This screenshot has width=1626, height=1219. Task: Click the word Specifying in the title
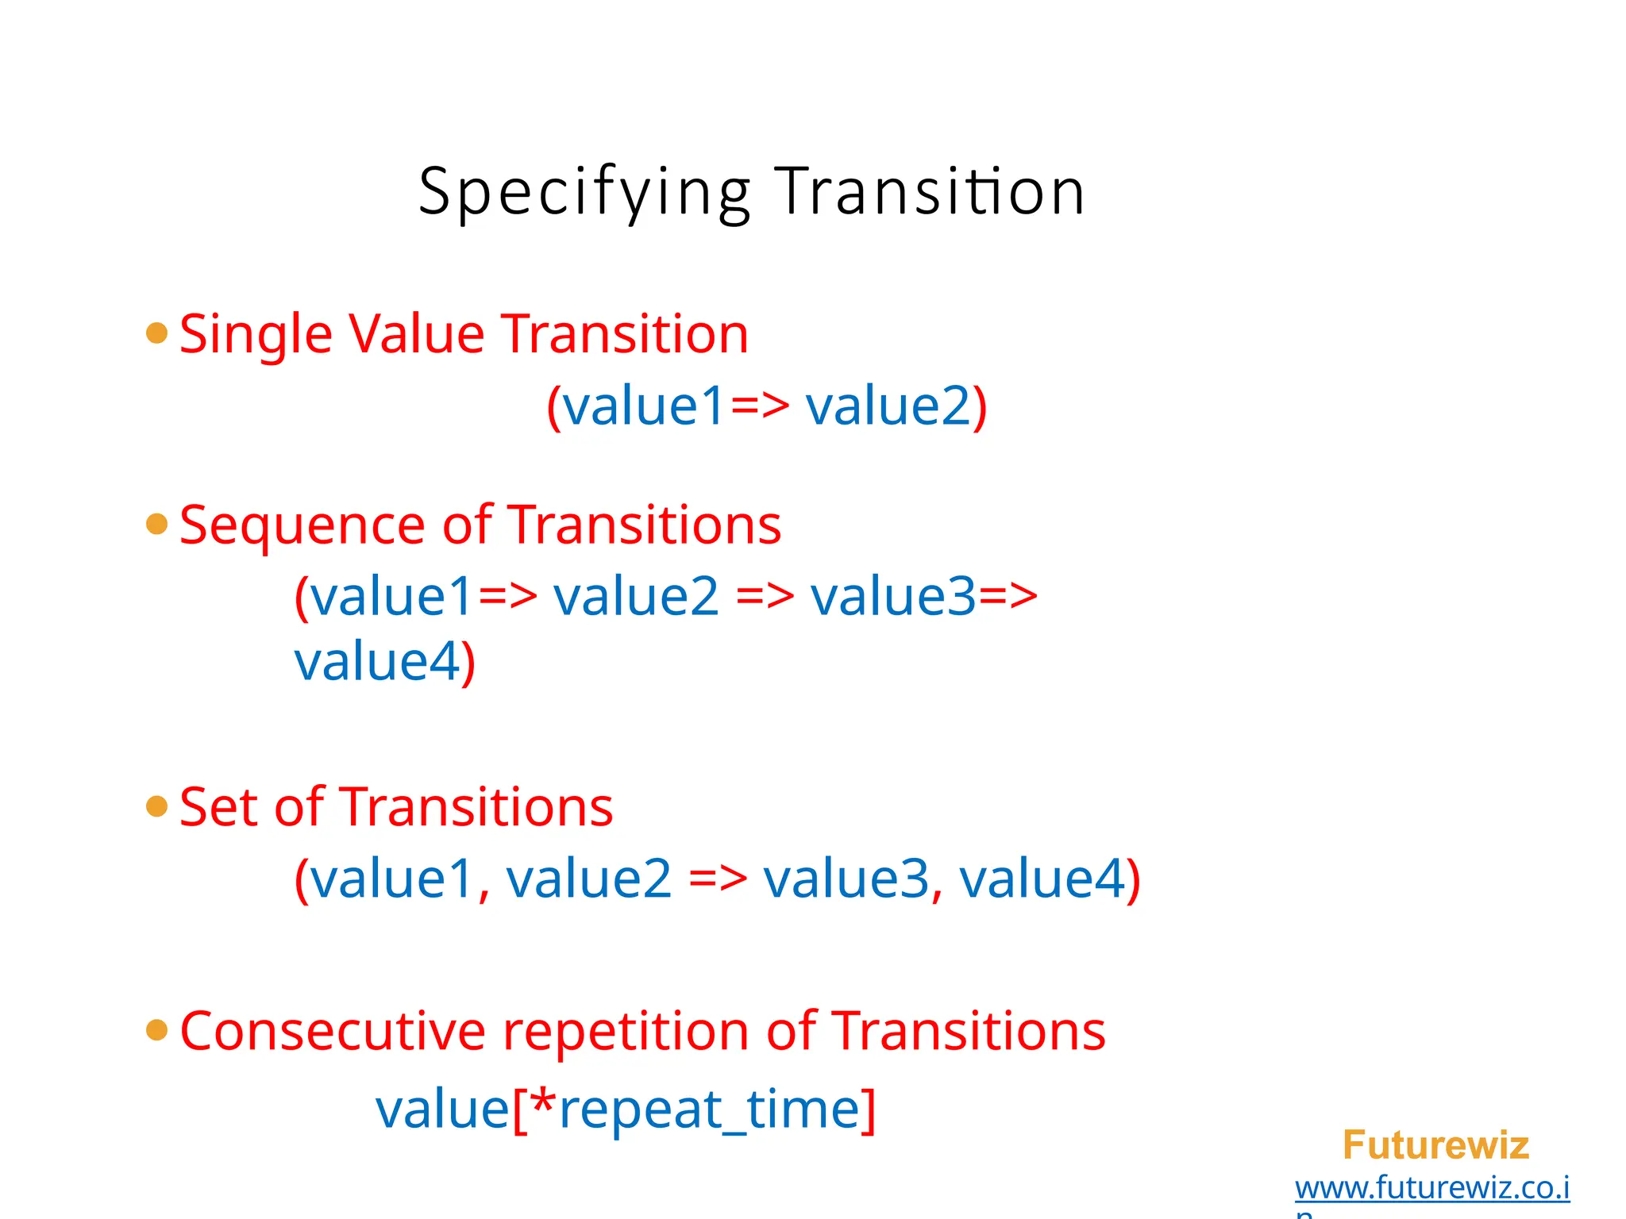(584, 193)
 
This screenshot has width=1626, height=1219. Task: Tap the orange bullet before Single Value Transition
(157, 333)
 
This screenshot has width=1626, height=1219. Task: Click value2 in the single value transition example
(888, 406)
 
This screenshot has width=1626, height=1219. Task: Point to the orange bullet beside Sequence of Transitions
(157, 524)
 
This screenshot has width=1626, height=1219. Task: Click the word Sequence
(302, 526)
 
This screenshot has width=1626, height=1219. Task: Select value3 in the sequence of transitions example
(892, 597)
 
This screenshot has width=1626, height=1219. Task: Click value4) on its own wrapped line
(384, 661)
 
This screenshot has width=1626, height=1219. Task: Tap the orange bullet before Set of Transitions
(157, 806)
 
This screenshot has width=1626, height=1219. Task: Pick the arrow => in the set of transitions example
(718, 879)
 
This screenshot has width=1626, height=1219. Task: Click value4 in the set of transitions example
(1042, 879)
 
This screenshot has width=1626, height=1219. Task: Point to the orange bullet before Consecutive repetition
(157, 1029)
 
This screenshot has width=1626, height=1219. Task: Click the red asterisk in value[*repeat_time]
(543, 1102)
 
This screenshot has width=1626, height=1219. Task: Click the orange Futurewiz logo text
(1435, 1145)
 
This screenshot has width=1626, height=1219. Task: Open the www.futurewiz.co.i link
(1431, 1188)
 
